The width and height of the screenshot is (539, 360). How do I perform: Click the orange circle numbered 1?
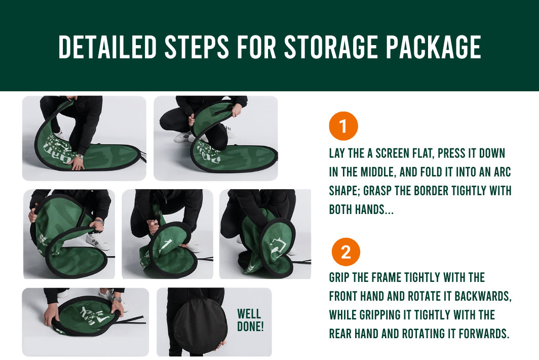(x=343, y=126)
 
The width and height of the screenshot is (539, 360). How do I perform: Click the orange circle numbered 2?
(x=346, y=252)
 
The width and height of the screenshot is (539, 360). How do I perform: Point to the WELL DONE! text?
(x=250, y=320)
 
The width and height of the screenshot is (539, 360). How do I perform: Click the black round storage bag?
(x=200, y=326)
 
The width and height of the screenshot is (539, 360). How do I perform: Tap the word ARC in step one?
(x=502, y=172)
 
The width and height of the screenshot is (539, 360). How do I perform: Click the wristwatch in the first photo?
(x=80, y=157)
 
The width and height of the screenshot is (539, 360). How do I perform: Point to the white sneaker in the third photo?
(x=98, y=241)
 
